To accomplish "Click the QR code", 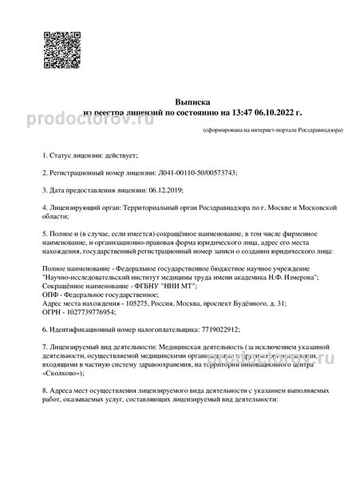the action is click(61, 49).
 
